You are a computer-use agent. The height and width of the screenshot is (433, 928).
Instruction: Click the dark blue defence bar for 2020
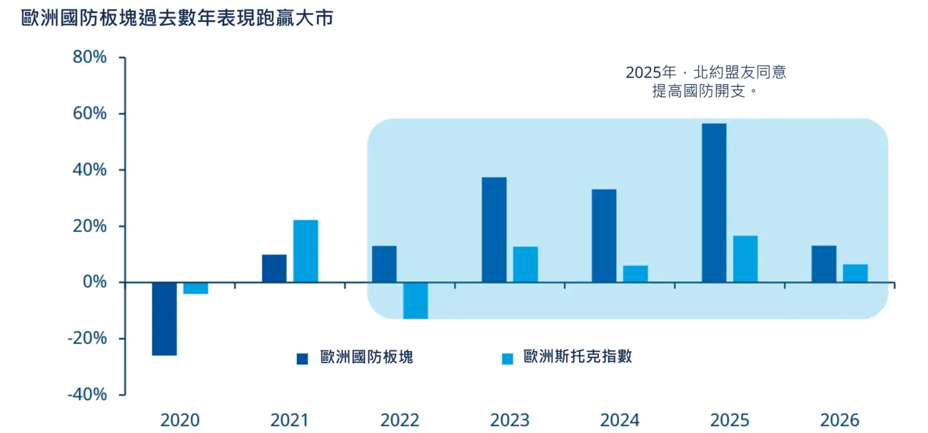tap(164, 319)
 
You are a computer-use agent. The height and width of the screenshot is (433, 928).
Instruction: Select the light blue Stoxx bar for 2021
tap(306, 251)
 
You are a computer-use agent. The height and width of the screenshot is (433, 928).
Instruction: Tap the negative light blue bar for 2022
tap(415, 300)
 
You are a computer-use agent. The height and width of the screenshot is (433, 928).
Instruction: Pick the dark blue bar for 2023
tap(494, 230)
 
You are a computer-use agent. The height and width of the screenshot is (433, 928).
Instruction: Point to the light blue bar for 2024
tap(635, 274)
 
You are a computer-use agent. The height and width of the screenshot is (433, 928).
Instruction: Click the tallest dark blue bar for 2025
tap(714, 203)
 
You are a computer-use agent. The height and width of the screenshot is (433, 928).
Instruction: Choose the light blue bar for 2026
tap(855, 273)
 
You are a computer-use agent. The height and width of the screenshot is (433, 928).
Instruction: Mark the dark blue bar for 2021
tap(274, 268)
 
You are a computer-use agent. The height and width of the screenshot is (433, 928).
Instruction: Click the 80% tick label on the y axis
tap(89, 57)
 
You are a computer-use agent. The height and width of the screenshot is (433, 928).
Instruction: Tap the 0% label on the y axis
tap(95, 282)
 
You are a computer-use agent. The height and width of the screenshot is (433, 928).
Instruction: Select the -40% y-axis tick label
tap(86, 394)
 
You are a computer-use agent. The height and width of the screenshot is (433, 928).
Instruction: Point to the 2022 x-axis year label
tap(400, 420)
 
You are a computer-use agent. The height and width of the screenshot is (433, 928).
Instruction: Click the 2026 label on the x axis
tap(839, 420)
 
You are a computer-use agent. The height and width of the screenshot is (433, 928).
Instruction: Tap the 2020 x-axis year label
tap(180, 420)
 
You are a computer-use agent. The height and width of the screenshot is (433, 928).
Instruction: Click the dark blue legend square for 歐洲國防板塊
tap(303, 359)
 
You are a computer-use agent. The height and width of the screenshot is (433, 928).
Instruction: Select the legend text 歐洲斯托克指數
tap(578, 357)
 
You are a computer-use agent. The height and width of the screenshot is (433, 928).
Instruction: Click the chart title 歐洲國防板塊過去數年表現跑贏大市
tap(177, 19)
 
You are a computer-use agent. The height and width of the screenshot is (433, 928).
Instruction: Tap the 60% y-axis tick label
tap(89, 113)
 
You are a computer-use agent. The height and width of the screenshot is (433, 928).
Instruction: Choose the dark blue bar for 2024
tap(604, 235)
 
